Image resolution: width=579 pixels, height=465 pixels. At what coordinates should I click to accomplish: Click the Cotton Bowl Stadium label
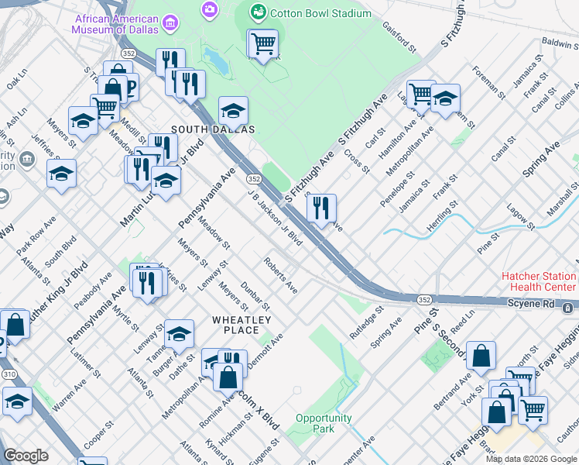(317, 12)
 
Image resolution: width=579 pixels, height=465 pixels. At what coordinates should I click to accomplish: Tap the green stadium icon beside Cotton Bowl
(258, 12)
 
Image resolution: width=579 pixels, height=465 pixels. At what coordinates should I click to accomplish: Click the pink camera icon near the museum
(208, 9)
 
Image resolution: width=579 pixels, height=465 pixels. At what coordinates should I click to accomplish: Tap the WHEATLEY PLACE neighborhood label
(242, 325)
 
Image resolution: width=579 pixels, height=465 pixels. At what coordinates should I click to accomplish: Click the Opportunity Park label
(324, 423)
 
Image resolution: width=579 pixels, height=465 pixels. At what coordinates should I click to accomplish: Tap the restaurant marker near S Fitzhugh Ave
(321, 208)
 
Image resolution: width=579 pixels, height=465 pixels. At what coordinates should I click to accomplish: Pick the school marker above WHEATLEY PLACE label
(179, 334)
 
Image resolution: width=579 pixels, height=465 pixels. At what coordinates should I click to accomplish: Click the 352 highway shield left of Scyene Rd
(424, 300)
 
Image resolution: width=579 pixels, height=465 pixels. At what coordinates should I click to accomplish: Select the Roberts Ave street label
(281, 275)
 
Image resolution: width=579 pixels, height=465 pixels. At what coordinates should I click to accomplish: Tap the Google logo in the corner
(25, 456)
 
